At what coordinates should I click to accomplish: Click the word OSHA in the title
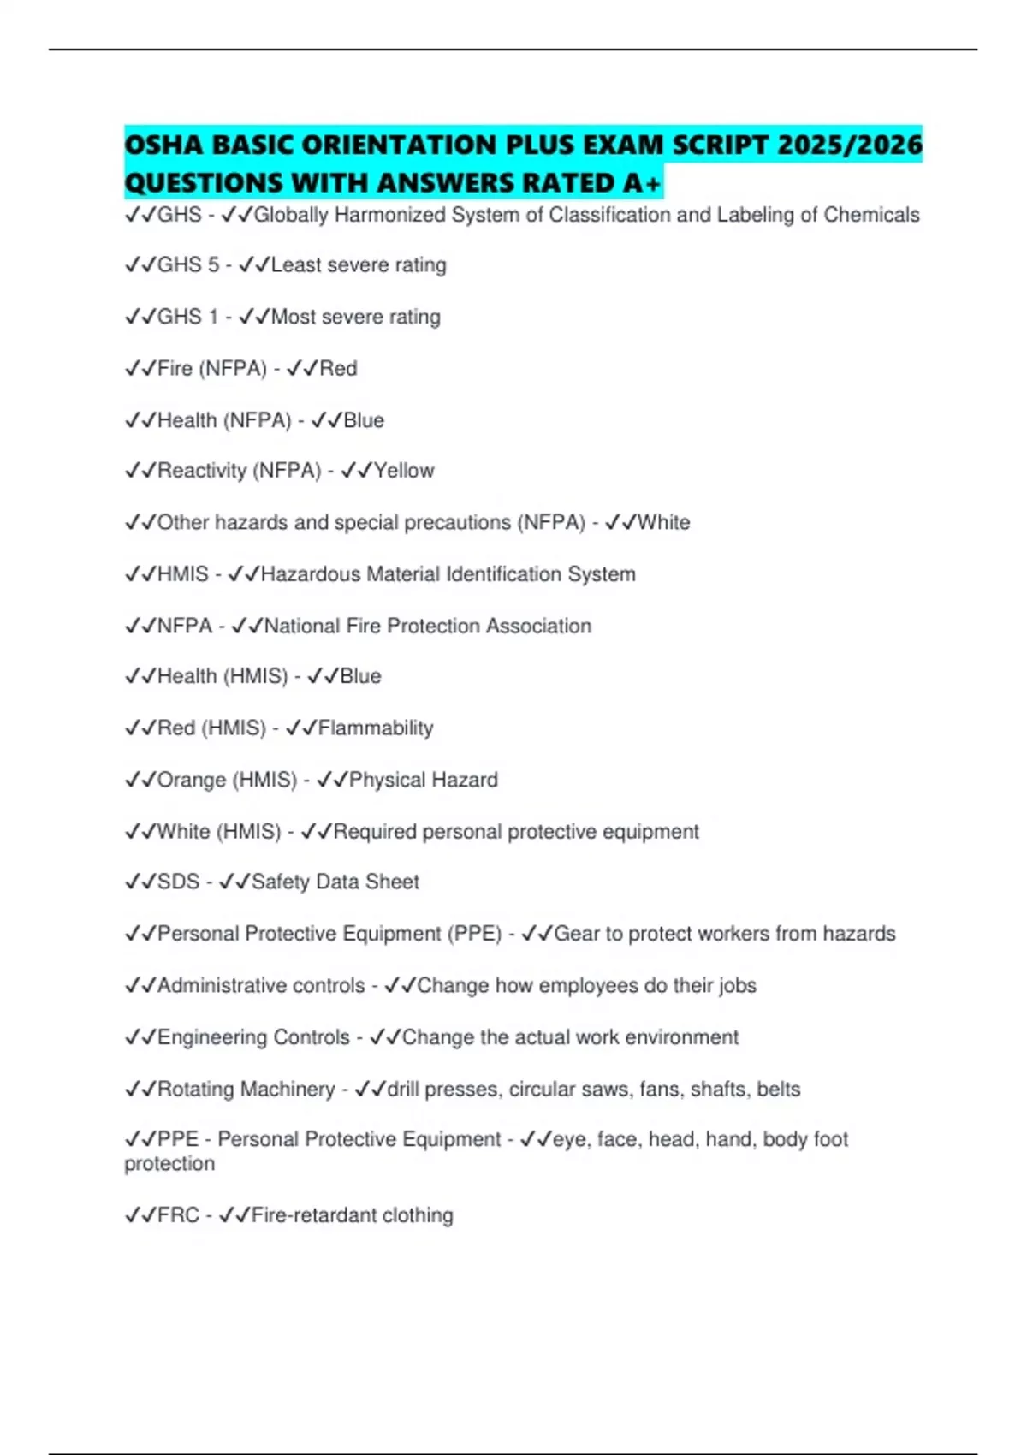pyautogui.click(x=163, y=144)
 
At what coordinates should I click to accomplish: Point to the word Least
pyautogui.click(x=297, y=265)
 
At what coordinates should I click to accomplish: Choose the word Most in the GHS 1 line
pyautogui.click(x=294, y=317)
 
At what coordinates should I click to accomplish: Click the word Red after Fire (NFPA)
pyautogui.click(x=338, y=369)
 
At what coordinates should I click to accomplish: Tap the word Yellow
pyautogui.click(x=404, y=471)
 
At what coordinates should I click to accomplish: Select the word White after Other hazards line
pyautogui.click(x=663, y=522)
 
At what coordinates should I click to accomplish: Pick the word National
pyautogui.click(x=303, y=626)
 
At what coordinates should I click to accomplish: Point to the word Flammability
pyautogui.click(x=376, y=728)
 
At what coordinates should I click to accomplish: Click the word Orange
pyautogui.click(x=192, y=780)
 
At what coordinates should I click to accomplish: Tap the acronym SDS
pyautogui.click(x=179, y=882)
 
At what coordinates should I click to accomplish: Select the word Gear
pyautogui.click(x=577, y=934)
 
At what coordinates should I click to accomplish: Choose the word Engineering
pyautogui.click(x=211, y=1037)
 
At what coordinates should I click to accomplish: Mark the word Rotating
pyautogui.click(x=199, y=1089)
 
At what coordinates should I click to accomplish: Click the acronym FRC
pyautogui.click(x=179, y=1215)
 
